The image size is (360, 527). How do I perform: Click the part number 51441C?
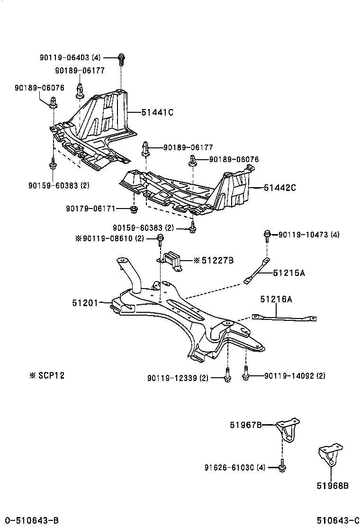point(157,112)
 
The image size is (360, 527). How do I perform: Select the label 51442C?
point(279,188)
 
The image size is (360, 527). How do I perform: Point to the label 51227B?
point(217,260)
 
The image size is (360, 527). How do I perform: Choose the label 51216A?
point(276,299)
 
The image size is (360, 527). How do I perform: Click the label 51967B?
point(246,425)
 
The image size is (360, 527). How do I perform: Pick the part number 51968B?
point(333,485)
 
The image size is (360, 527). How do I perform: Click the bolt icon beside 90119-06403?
point(121,59)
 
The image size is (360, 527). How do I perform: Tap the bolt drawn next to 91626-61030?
point(282,467)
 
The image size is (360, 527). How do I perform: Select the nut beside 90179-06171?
point(134,209)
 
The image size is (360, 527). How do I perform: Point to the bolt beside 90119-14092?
point(245,375)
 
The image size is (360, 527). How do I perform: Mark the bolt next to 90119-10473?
point(267,234)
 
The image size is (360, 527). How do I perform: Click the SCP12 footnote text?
point(47,375)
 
